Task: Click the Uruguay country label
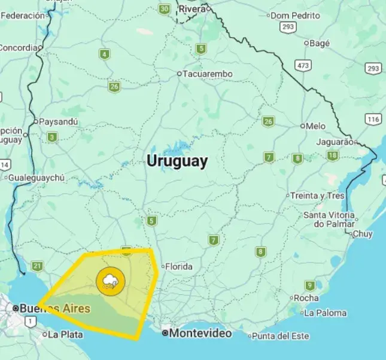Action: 178,161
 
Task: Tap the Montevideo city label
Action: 199,333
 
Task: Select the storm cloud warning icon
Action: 110,282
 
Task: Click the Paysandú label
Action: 57,121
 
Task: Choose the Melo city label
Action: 315,126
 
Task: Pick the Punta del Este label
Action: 279,336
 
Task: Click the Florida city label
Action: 178,266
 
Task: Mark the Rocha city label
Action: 306,298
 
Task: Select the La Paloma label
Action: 325,313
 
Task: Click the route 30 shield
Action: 165,9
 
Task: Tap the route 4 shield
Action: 105,54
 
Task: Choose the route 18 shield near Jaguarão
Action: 333,156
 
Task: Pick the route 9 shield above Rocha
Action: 309,285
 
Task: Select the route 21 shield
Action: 38,266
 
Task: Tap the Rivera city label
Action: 192,9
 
